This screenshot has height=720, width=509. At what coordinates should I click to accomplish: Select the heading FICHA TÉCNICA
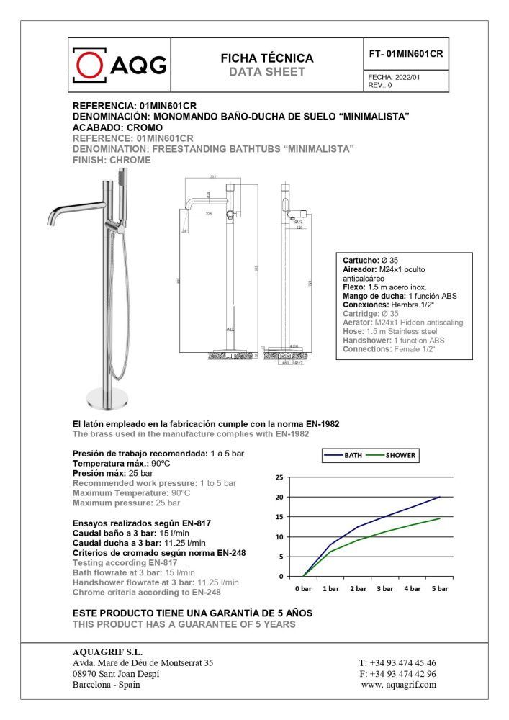tap(267, 58)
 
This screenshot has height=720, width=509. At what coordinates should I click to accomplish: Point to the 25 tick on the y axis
tap(279, 477)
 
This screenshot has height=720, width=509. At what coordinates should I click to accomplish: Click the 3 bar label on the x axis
tap(385, 589)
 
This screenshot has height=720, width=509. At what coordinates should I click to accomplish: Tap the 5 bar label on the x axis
tap(440, 589)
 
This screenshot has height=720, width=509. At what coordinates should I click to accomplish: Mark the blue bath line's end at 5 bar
tap(440, 497)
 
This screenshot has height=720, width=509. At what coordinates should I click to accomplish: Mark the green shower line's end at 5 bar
tap(440, 518)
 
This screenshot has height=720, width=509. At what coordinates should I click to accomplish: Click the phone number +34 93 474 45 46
tap(397, 663)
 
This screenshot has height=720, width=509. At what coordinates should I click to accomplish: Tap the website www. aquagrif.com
tap(399, 685)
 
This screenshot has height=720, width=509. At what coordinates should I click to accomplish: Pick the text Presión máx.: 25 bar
tap(113, 474)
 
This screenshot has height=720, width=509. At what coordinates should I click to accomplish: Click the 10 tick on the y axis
tap(279, 537)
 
